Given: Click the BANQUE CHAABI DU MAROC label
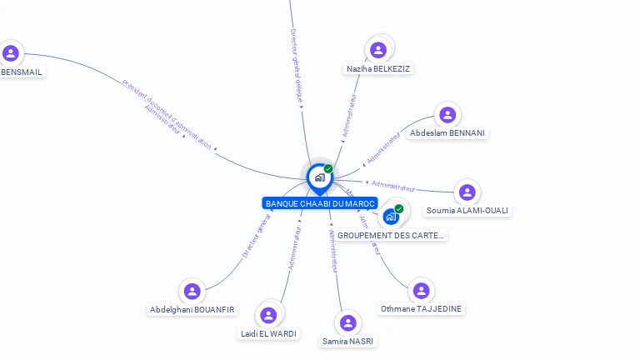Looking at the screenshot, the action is [320, 203].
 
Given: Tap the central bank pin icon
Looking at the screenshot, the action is [319, 177].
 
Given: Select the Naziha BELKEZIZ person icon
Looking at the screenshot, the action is [378, 50].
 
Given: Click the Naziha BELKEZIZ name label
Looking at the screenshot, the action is [378, 68].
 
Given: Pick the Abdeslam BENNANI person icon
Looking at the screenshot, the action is [447, 115].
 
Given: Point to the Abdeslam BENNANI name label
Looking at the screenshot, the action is [447, 133].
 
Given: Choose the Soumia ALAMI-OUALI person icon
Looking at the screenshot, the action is [467, 192].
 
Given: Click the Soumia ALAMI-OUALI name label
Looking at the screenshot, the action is [467, 210].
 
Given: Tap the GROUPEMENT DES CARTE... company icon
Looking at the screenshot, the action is [391, 216].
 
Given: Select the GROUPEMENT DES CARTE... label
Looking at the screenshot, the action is [391, 235].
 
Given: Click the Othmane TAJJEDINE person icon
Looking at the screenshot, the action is [421, 291].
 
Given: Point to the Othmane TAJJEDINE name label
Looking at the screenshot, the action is [421, 309].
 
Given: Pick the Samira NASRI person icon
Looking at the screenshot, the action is [348, 322].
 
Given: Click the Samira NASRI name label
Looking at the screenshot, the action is [348, 341].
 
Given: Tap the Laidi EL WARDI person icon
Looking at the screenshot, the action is [267, 315].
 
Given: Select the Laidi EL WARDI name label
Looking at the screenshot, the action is [267, 333].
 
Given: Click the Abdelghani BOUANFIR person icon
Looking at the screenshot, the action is [192, 292].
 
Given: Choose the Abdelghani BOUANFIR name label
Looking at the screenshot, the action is [192, 310].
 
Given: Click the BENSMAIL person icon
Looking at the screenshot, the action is [11, 53].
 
